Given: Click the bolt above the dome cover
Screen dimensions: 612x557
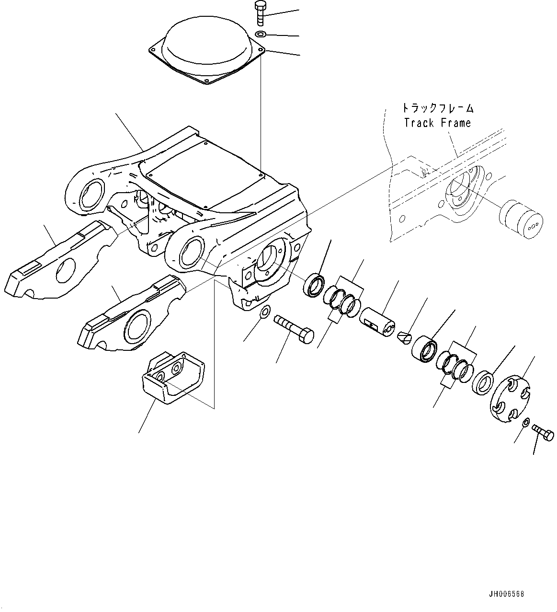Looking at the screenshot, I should tap(260, 13).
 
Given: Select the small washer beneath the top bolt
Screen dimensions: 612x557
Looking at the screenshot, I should tap(261, 34).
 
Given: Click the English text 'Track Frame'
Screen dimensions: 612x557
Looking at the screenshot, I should tap(437, 123).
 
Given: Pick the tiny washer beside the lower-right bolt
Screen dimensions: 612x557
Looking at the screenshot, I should tap(526, 422).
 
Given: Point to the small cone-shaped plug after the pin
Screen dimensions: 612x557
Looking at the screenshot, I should tap(404, 337).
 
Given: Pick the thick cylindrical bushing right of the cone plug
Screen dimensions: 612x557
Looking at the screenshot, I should tap(425, 350).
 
